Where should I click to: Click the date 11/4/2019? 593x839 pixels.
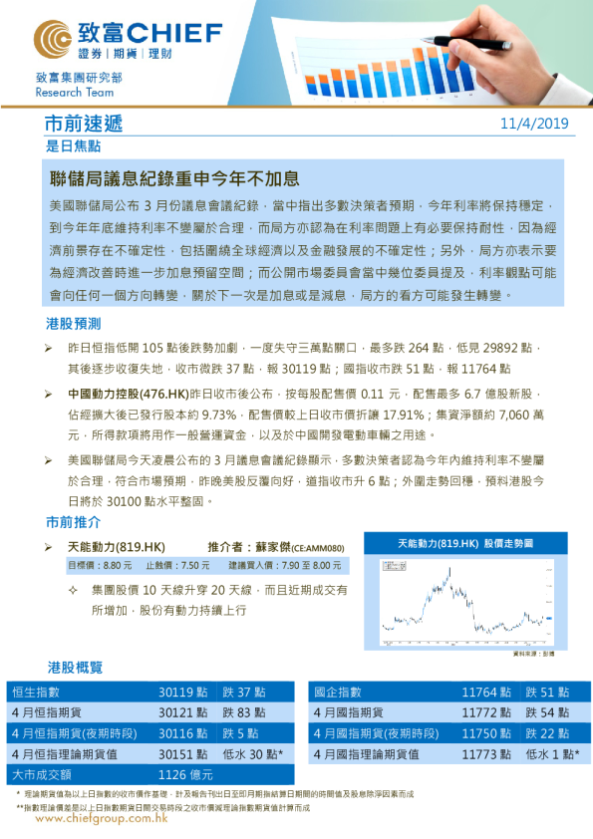[534, 124]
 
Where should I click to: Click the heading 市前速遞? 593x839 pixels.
[83, 124]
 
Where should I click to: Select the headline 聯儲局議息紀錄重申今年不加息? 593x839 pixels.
[174, 179]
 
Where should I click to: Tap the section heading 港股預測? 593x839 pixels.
[73, 325]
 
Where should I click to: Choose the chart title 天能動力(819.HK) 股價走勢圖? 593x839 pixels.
[464, 545]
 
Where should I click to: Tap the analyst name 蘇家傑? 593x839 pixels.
[267, 548]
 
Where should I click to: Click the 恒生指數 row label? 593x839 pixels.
[36, 692]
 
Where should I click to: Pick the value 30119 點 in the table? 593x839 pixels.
[183, 692]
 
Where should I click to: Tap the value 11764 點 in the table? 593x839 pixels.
[486, 692]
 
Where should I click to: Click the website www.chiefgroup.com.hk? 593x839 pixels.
[100, 818]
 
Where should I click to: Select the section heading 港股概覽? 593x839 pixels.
[75, 667]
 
